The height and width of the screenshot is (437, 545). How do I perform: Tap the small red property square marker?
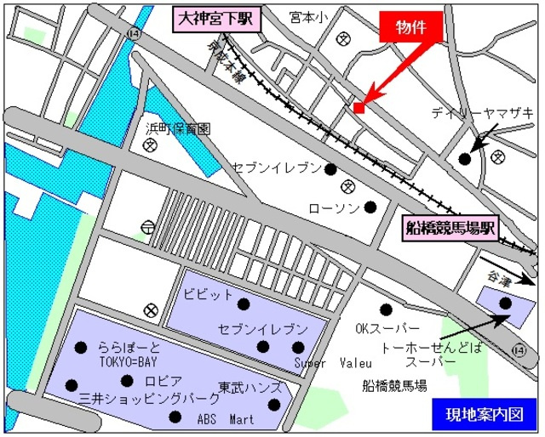click(359, 108)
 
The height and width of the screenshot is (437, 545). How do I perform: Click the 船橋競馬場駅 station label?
click(450, 227)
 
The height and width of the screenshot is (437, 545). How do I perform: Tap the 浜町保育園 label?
click(178, 129)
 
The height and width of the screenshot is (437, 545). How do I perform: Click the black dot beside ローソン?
click(370, 207)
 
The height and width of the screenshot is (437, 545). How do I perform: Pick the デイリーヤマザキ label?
click(481, 112)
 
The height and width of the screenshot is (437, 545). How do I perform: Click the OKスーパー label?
click(387, 328)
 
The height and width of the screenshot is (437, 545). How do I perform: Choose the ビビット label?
click(208, 293)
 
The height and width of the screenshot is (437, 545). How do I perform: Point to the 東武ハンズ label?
click(250, 386)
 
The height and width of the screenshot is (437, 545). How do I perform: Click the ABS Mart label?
click(226, 418)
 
